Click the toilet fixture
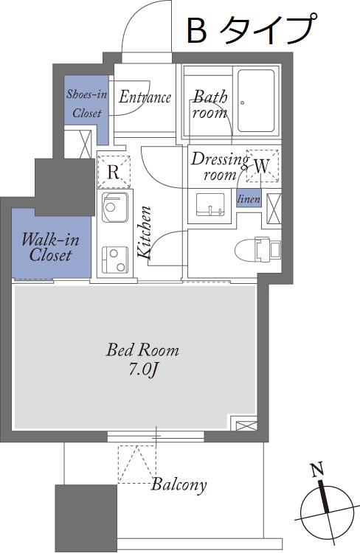257,250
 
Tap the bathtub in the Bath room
256,100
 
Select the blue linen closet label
249,198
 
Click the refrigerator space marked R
114,171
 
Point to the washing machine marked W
262,166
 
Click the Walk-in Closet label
50,247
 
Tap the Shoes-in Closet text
87,104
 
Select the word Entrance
145,97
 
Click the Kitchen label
145,233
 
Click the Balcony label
179,485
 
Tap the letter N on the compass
317,470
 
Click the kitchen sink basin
114,207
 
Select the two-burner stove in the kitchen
114,260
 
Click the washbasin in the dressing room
211,204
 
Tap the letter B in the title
196,31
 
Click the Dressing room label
220,167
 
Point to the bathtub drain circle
243,103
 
